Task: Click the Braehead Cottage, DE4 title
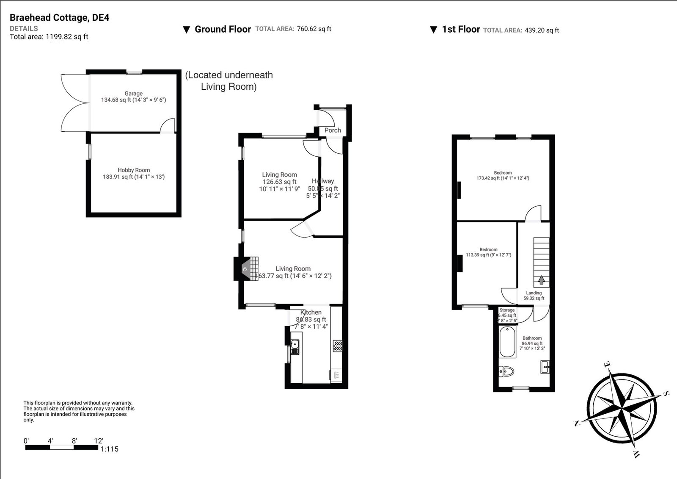coord(59,18)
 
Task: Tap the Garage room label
coord(133,94)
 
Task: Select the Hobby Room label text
coord(134,170)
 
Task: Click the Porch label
coord(333,130)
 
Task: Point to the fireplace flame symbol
coord(245,269)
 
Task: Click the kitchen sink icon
coord(295,346)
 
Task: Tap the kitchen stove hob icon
coord(337,346)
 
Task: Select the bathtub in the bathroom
coord(506,342)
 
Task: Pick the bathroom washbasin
coord(545,367)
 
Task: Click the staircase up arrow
coord(541,280)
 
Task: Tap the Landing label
coord(534,293)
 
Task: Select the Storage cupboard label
coord(507,310)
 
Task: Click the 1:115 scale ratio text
coord(110,449)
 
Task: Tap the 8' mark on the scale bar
coord(74,441)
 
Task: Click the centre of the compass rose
coord(622,410)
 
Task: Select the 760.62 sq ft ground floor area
coord(314,29)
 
